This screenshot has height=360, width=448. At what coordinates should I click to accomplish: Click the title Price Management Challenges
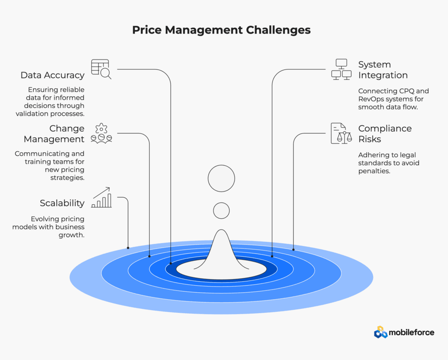click(221, 30)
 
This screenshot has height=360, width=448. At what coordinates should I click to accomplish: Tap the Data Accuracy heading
click(52, 75)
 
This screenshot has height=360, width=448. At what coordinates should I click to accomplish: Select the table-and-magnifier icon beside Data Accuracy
click(101, 69)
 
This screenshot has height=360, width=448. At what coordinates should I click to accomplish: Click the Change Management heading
click(54, 134)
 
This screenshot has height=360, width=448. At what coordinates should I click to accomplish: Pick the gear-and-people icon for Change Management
click(101, 133)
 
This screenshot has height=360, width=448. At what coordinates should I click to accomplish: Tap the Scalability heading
click(62, 203)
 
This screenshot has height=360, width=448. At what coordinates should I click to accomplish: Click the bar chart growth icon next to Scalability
click(101, 197)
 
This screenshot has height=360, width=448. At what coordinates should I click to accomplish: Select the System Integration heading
click(383, 70)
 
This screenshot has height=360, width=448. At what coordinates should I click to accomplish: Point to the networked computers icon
click(341, 69)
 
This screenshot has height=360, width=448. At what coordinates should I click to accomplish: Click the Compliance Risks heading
click(385, 134)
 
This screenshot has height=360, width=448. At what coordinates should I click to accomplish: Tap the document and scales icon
click(341, 133)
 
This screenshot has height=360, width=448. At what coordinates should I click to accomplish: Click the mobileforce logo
click(404, 332)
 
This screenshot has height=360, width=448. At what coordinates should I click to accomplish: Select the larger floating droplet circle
click(221, 178)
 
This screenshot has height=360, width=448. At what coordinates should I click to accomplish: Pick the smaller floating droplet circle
click(221, 211)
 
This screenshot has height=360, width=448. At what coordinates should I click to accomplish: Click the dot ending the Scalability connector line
click(128, 248)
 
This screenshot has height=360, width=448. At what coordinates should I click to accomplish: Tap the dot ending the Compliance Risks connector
click(294, 250)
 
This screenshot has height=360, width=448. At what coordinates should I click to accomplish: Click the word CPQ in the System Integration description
click(404, 91)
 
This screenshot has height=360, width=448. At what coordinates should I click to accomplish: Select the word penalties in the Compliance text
click(374, 171)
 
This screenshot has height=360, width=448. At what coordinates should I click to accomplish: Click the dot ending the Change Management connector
click(150, 256)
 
